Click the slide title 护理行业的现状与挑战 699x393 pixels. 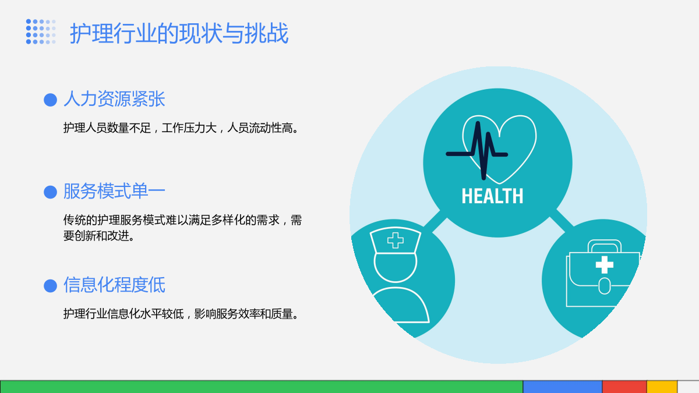pos(179,33)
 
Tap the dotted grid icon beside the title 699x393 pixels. pos(41,31)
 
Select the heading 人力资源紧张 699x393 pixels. pos(114,99)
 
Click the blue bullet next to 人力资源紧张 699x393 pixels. pos(50,100)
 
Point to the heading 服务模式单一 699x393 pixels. pos(114,191)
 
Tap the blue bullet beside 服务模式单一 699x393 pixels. pos(50,192)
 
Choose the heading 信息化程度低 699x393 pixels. pos(114,285)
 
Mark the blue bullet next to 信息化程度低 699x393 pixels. pos(50,286)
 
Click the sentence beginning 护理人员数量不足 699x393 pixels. pos(182,128)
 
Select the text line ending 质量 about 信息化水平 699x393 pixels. pos(182,314)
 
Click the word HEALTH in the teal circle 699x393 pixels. pos(492,196)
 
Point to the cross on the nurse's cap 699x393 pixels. pos(396,240)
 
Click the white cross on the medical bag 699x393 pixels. pos(605,265)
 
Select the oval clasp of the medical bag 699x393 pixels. pos(605,286)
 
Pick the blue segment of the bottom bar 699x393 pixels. pos(562,387)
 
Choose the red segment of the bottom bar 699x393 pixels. pos(624,387)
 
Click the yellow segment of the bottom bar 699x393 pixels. pos(662,387)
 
